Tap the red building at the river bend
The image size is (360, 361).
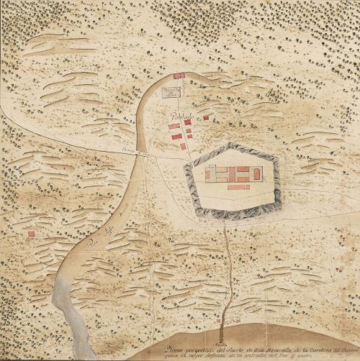179,75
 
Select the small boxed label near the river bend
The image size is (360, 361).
171,91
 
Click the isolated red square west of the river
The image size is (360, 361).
31,234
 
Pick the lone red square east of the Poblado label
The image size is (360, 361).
206,117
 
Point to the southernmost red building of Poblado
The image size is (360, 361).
184,146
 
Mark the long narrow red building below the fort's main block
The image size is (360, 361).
238,187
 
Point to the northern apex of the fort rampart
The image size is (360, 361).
229,144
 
